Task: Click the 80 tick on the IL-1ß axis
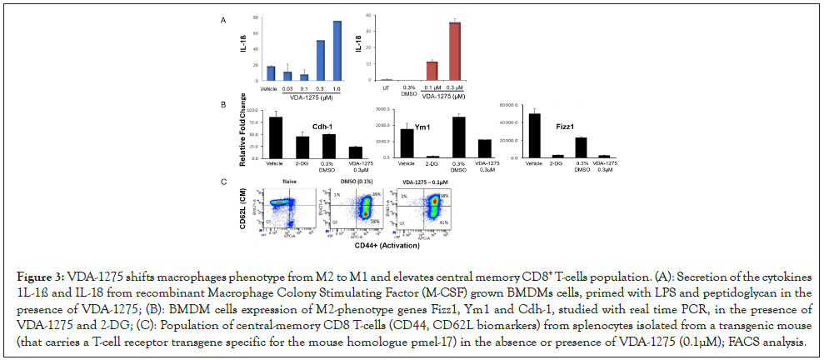(x=253, y=17)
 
